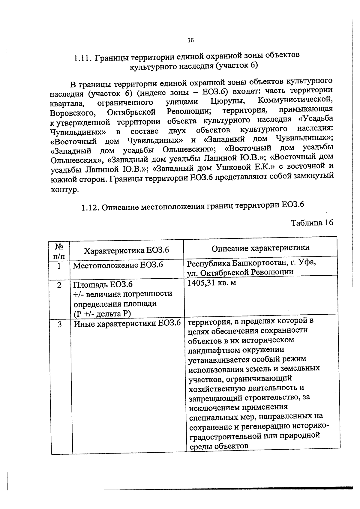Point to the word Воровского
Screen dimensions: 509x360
[x=73, y=113]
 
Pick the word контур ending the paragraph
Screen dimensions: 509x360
[x=64, y=190]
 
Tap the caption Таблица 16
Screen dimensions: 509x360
[x=312, y=223]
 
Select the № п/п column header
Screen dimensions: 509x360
[x=59, y=251]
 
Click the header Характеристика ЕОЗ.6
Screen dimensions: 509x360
[x=126, y=250]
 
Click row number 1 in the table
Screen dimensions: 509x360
[x=59, y=266]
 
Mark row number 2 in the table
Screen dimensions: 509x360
[x=59, y=285]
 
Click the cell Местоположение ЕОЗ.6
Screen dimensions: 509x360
[x=118, y=265]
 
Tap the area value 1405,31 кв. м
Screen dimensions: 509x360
[x=211, y=283]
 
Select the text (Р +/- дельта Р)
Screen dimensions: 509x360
[x=102, y=314]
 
